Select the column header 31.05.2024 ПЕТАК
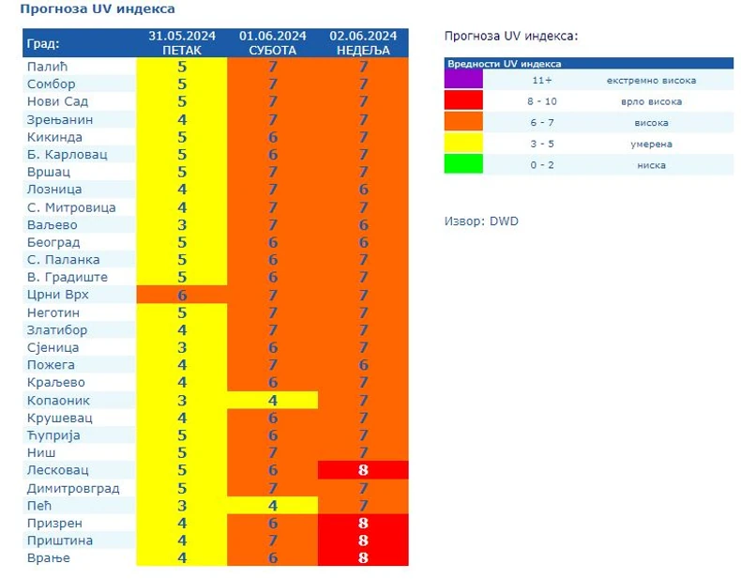coord(182,43)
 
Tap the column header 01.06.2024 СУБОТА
coord(272,43)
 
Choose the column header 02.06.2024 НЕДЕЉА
coord(363,43)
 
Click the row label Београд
coord(53,242)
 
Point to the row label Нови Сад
coord(56,101)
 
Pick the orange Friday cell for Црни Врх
coord(182,295)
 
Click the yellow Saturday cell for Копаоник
coord(272,401)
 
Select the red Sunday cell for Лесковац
coord(363,470)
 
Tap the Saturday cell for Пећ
coord(272,506)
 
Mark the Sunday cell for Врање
coord(363,558)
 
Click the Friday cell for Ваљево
coord(182,225)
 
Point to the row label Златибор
coord(57,330)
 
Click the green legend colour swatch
coord(463,164)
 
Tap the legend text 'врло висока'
coord(651,101)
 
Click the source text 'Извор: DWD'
coord(480,221)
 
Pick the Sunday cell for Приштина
coord(363,541)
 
